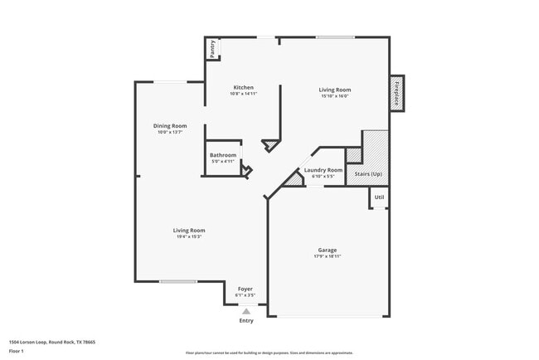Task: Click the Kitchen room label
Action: click(x=243, y=88)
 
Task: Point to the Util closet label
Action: click(x=379, y=197)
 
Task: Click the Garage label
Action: click(x=328, y=250)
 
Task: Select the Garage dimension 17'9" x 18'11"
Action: click(x=328, y=256)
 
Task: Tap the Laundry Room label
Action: click(x=323, y=170)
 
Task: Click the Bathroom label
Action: click(x=223, y=155)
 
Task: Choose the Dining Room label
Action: click(x=169, y=126)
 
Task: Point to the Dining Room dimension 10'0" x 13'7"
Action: click(x=169, y=133)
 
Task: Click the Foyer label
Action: click(x=245, y=289)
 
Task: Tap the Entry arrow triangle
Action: click(x=245, y=311)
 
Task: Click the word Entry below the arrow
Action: click(x=246, y=320)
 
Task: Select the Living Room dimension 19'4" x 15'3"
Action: click(x=188, y=236)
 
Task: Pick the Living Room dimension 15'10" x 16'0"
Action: click(x=335, y=95)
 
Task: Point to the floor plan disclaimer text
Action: click(x=269, y=353)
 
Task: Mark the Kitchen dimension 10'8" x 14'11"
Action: click(x=243, y=95)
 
